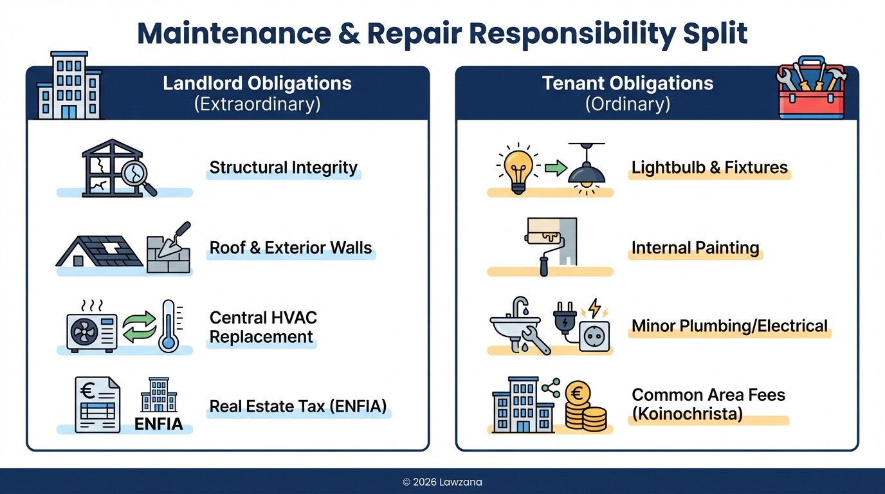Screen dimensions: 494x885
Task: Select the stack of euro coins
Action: point(585,407)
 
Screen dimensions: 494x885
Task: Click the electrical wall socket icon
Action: point(594,334)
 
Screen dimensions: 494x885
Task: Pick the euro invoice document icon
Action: point(97,405)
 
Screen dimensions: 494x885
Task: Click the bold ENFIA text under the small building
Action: point(158,424)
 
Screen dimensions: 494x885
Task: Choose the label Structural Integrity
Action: point(283,168)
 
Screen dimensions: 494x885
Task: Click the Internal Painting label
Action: point(695,248)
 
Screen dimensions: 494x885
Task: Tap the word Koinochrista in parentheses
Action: point(687,414)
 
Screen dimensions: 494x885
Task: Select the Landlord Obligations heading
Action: point(257,84)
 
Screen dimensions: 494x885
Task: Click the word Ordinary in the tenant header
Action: point(627,104)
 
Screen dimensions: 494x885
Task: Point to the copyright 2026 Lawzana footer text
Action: point(442,482)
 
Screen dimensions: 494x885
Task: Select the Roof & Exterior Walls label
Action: point(290,248)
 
